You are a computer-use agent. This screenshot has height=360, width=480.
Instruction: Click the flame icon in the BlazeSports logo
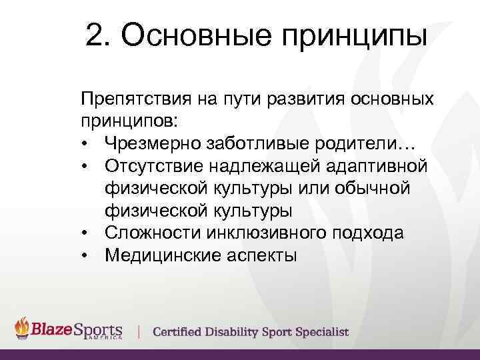[x=23, y=328]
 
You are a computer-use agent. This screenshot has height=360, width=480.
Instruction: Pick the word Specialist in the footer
[x=323, y=332]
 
